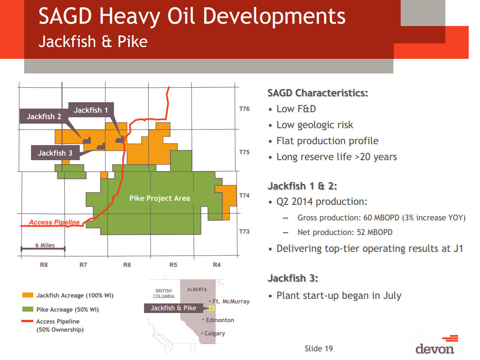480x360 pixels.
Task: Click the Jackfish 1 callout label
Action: point(91,110)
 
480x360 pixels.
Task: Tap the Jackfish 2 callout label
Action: point(44,116)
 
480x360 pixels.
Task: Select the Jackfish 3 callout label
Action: point(55,153)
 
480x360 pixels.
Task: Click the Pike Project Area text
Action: point(160,198)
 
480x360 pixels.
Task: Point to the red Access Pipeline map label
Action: point(54,222)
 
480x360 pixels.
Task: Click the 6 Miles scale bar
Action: point(43,248)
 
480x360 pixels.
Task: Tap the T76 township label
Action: point(244,110)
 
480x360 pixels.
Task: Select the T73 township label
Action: point(244,232)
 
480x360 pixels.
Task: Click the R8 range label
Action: point(44,265)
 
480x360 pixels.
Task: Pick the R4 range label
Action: point(217,265)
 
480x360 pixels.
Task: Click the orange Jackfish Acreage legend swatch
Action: point(27,295)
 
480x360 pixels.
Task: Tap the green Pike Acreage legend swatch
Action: point(27,309)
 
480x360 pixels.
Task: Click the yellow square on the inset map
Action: point(212,308)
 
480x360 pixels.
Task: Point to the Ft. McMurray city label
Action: point(231,301)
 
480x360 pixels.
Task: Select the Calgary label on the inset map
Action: point(214,334)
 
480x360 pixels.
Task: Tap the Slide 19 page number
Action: point(319,349)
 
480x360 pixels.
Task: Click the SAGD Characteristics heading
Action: point(318,93)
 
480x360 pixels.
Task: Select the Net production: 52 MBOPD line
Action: point(345,232)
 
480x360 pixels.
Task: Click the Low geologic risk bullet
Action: point(315,125)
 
